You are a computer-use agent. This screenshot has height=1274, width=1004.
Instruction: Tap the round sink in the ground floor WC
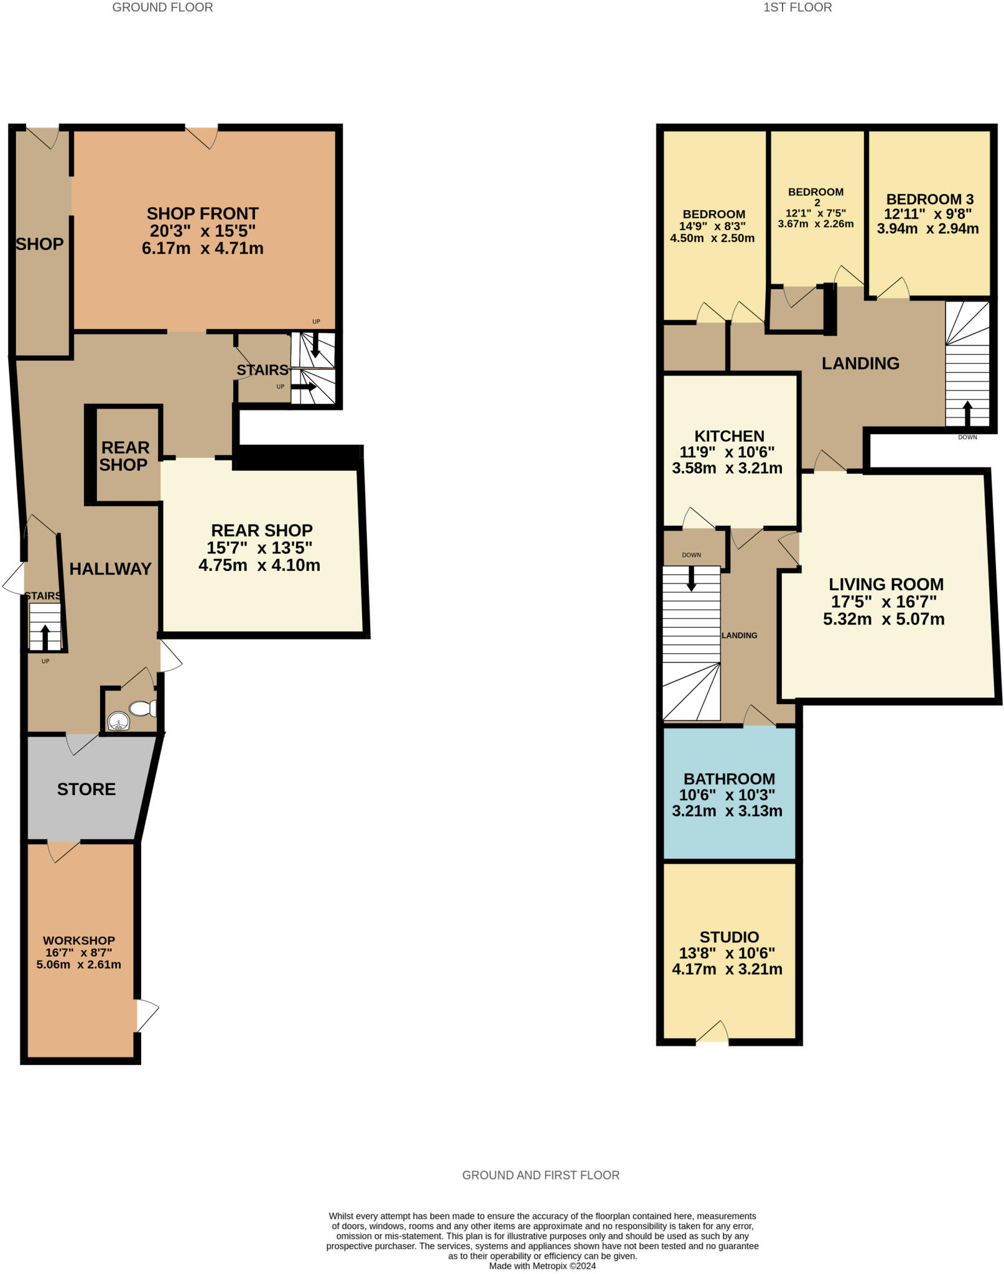pos(118,722)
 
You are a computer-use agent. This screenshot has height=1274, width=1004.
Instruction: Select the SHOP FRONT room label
pos(203,213)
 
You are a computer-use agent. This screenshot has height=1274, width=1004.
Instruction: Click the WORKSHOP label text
pos(79,941)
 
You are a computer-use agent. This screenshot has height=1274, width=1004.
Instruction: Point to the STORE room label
pos(86,789)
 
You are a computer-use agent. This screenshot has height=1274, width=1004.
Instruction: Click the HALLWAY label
pos(110,569)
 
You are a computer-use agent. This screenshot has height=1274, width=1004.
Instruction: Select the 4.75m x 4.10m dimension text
pos(259,565)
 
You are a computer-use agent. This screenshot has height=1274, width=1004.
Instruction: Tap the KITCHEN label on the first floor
pos(729,436)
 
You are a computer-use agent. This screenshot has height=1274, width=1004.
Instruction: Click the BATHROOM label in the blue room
pos(729,779)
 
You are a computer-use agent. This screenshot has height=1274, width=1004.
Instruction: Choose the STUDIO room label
pos(729,937)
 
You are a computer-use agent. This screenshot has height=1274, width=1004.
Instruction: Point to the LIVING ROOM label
pos(886,584)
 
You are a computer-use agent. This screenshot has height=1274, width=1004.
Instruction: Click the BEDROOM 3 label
pos(929,199)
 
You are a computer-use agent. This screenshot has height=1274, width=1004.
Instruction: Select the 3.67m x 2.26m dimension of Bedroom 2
pos(816,224)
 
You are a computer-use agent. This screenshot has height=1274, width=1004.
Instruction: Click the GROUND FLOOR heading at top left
pos(162,7)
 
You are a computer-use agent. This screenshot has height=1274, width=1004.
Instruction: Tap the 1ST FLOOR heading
pos(797,7)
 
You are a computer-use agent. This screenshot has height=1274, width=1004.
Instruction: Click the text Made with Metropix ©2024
pos(542,1265)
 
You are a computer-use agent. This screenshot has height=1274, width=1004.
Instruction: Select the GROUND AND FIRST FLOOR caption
pos(541,1175)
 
